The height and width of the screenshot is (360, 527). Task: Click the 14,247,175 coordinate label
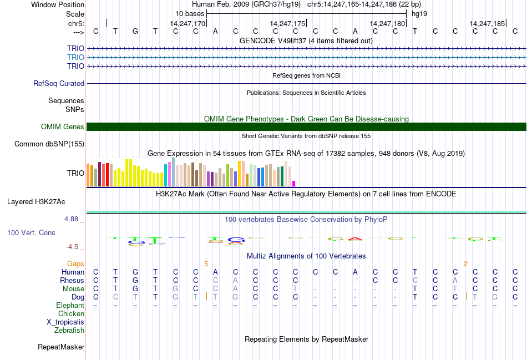point(287,23)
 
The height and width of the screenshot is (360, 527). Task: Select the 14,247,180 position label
point(387,23)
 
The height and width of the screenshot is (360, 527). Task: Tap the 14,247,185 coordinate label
point(487,23)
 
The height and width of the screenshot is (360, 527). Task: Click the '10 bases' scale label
point(190,13)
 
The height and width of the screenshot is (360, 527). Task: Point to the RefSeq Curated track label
point(59,83)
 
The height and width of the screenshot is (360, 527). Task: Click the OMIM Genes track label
point(63,127)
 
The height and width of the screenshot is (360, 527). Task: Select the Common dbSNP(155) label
point(50,144)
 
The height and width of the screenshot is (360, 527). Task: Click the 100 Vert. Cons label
point(31,232)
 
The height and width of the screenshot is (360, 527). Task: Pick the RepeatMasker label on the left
point(61,347)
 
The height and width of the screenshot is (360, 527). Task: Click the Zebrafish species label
point(69,331)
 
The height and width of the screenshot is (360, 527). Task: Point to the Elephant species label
point(70,306)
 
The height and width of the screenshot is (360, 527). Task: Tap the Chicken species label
point(71,314)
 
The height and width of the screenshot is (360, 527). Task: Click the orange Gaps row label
point(75,263)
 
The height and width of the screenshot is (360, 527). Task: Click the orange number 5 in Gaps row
point(206,263)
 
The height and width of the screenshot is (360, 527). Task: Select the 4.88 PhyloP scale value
point(73,219)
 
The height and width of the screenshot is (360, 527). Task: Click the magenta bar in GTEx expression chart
point(294,183)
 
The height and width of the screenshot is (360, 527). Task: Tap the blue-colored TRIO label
point(75,57)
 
